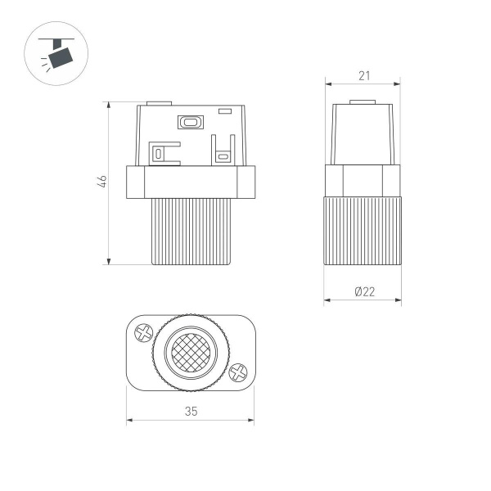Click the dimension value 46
coord(101,182)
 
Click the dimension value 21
coord(363,75)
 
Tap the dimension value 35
coord(191,412)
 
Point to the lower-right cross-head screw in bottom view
coord(238,372)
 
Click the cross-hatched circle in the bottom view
coord(191,353)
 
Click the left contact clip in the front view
coord(164,152)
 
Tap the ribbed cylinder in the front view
coord(191,231)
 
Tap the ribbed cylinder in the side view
coord(363,231)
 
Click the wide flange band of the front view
coord(191,181)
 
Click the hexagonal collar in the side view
coord(363,180)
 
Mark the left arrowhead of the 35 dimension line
coord(129,422)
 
